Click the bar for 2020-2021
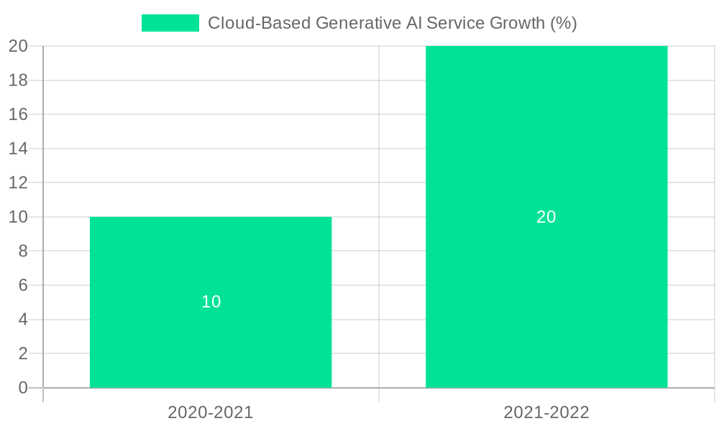coord(211,302)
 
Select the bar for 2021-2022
coord(546,216)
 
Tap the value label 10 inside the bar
coord(211,302)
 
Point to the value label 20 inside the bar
coord(546,217)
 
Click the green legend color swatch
coord(170,23)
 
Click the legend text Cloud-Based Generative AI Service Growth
coord(392,23)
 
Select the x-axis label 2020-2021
coord(211,412)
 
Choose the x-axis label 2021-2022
coord(546,412)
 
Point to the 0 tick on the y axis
coord(22,388)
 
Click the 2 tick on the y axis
coord(22,353)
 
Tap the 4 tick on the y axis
coord(22,320)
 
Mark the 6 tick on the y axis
coord(22,285)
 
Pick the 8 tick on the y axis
coord(22,251)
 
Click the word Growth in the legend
coord(517,23)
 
